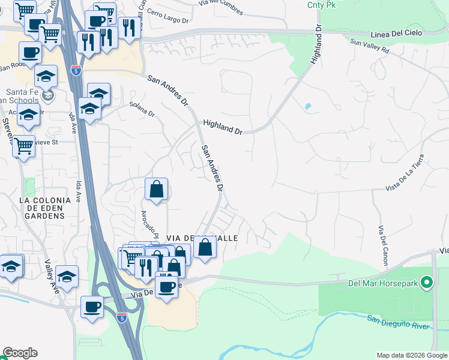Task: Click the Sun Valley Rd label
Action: [x=370, y=47]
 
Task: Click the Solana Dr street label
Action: [x=142, y=109]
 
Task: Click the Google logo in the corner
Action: [x=20, y=353]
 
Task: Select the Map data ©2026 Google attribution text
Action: [x=412, y=355]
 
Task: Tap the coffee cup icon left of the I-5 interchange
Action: [x=92, y=307]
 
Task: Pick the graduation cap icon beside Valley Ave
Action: [x=66, y=277]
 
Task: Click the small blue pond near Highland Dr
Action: [x=308, y=107]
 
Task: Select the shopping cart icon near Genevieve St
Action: [x=23, y=146]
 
